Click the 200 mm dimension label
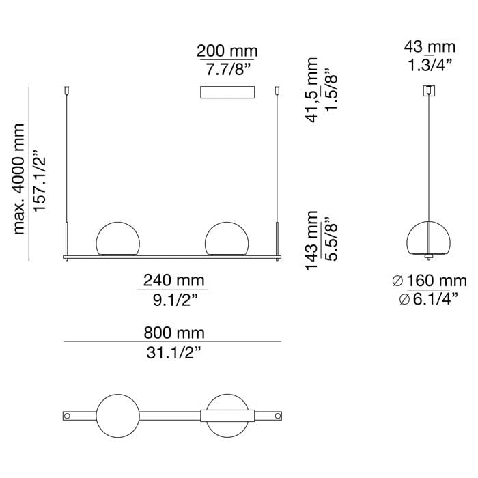point(227,51)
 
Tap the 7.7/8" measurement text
point(228,70)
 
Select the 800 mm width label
point(174,333)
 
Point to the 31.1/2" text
point(173,353)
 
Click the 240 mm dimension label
point(173,281)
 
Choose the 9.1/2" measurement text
point(175,300)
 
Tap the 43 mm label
point(430,47)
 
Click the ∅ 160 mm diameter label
point(430,281)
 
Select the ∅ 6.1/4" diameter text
point(429,299)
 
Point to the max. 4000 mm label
point(19,179)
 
